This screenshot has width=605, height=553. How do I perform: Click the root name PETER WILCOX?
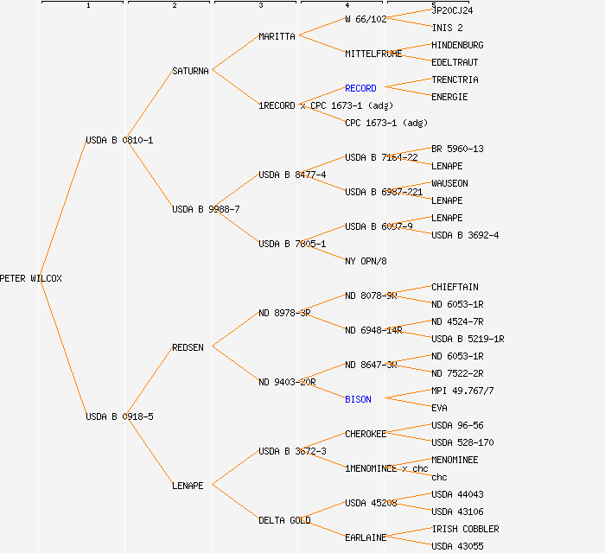[x=31, y=278]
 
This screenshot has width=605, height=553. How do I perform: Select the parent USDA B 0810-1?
[x=119, y=140]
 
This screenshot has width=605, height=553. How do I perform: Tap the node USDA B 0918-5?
[x=119, y=416]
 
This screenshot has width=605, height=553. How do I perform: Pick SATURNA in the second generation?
[x=190, y=71]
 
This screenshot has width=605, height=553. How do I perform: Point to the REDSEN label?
[x=188, y=347]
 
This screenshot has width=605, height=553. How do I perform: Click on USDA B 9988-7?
[x=206, y=209]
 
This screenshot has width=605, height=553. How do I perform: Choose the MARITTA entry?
[x=277, y=36]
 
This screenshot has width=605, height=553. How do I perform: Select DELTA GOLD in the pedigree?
[x=284, y=520]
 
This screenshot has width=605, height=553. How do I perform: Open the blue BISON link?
[x=358, y=399]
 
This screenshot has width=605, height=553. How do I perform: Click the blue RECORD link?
[x=360, y=88]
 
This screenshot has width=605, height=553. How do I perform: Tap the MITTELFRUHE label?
[x=373, y=54]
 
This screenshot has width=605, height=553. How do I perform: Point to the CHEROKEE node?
[x=366, y=434]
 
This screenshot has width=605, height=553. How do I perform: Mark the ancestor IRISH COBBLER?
[x=465, y=529]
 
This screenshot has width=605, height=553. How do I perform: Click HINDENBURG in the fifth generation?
[x=457, y=45]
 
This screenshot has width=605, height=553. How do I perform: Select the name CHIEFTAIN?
[x=455, y=287]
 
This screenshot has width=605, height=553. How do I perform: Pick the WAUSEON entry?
[x=449, y=183]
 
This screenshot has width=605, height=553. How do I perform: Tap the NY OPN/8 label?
[x=366, y=261]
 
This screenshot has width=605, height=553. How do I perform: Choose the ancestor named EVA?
[x=439, y=408]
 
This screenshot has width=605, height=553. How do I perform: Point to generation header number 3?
[x=260, y=6]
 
